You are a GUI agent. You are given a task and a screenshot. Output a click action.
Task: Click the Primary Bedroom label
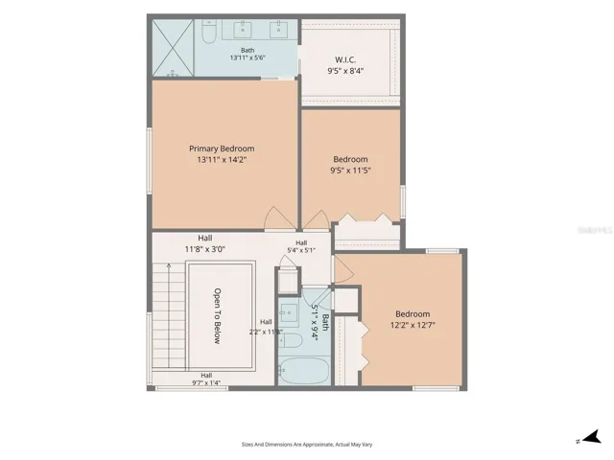coord(222,149)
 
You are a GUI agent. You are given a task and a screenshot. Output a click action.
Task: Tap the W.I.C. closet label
coord(345,59)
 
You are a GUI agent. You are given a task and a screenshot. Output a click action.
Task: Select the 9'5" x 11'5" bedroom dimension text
coord(350,171)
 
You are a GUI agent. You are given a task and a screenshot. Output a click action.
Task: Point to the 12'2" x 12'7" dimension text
coord(413,325)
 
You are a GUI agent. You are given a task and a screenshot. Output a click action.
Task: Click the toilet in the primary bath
coord(209,32)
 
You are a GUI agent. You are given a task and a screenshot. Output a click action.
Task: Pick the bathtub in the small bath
coord(304,371)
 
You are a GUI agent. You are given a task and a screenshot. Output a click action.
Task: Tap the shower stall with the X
coord(173,48)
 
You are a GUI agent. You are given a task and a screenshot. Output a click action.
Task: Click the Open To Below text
coord(218,316)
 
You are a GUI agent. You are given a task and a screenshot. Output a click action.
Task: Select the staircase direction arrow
coord(169,315)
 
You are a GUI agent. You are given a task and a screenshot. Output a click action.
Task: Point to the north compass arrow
coord(593,437)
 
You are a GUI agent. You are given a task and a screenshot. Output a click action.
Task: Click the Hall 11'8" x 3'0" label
coord(204,243)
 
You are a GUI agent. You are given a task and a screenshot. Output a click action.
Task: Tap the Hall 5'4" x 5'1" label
coord(301,247)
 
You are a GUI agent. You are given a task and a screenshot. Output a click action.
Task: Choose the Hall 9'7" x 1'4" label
coord(206,379)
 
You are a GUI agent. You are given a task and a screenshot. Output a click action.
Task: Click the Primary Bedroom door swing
coord(279,218)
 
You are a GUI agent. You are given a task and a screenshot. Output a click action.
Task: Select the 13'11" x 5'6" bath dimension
coord(248,57)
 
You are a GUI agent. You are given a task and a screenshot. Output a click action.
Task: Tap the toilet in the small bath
coord(290,341)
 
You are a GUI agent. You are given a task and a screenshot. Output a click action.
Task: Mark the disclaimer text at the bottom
coord(307,445)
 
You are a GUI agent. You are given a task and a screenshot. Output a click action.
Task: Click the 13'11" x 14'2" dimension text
coord(222,160)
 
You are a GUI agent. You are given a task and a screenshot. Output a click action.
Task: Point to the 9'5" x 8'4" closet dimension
coord(345,71)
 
